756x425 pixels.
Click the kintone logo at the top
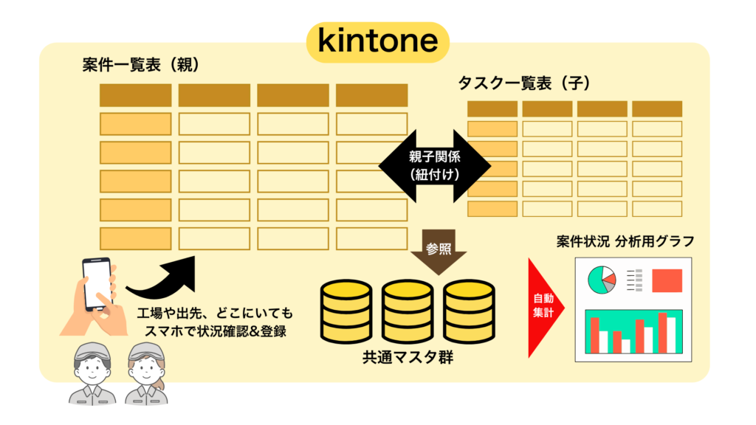[377, 41]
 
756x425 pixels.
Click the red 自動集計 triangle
[546, 308]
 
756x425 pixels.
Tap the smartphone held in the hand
[97, 283]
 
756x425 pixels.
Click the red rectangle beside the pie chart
[667, 280]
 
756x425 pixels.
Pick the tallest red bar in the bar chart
[662, 333]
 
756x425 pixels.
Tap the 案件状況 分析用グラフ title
[625, 241]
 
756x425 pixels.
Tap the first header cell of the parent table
[135, 95]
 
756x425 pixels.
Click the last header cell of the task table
[656, 108]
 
